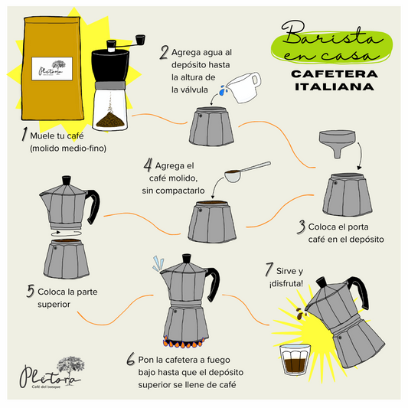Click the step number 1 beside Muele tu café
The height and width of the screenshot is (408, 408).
tap(24, 134)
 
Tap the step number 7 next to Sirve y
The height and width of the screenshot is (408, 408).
tap(269, 269)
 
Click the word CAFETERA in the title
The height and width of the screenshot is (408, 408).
tap(335, 74)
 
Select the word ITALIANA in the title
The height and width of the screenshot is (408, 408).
tap(335, 86)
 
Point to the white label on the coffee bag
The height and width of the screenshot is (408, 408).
tap(52, 69)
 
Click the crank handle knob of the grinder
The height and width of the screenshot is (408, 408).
tap(140, 40)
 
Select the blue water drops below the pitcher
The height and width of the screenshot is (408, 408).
tap(223, 90)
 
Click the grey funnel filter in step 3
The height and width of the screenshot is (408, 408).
tap(338, 143)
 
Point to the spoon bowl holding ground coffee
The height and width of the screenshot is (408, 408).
tap(233, 176)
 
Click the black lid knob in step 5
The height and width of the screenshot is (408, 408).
tap(67, 180)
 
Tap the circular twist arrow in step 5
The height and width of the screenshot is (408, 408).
tap(67, 233)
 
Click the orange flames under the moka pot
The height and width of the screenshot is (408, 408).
tap(183, 343)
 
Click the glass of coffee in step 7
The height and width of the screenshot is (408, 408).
tap(295, 360)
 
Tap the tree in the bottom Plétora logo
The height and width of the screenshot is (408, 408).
tap(70, 367)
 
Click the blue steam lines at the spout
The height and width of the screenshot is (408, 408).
tap(158, 263)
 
